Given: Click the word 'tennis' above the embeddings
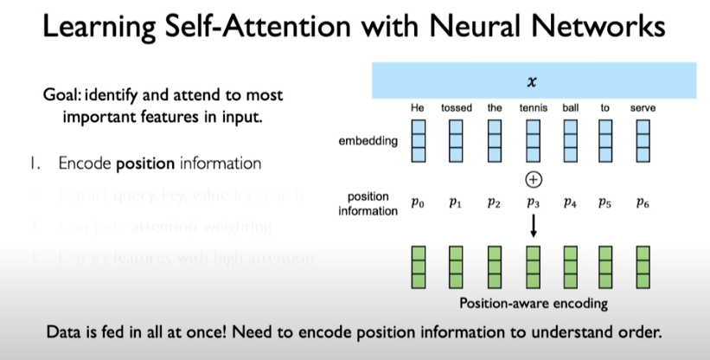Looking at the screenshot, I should coord(533,108).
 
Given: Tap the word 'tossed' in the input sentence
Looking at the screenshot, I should coord(457,108).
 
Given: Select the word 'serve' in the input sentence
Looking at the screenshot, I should coord(643,108).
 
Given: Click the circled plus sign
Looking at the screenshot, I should coord(533,179).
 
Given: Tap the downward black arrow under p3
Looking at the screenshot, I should coord(533,227).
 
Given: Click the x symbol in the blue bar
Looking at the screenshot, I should coord(533,82).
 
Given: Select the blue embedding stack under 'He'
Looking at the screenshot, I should coord(419,139).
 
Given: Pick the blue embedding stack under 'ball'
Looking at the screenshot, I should coord(569,139).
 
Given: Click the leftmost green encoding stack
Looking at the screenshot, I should coord(419,268).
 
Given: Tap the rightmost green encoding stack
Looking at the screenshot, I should coord(643,268).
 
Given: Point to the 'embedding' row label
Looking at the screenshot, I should coord(368,140).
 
